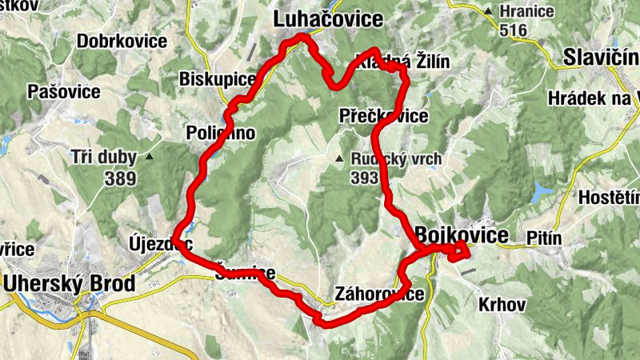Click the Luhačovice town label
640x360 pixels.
pos(328,18)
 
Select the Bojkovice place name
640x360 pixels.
pos(462,235)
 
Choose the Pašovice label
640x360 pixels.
pos(64,92)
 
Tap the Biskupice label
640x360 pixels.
pos(218,80)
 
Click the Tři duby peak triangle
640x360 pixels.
pos(149,158)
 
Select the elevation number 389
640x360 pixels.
pos(119,178)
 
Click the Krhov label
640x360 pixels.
pos(502,304)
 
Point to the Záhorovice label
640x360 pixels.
pos(379,294)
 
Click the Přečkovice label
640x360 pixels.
pos(383,116)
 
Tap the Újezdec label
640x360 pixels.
pos(161,242)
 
